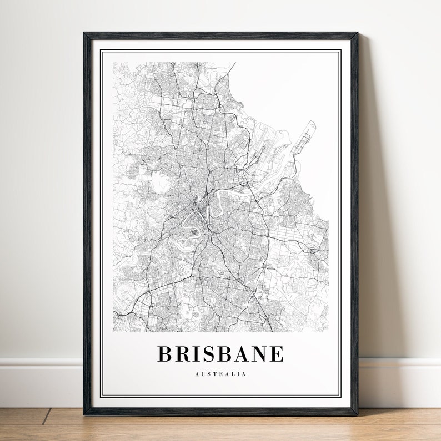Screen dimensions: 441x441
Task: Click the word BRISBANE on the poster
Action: (220, 354)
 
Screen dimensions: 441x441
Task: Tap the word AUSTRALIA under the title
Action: (220, 374)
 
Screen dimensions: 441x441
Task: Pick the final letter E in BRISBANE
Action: (277, 354)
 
